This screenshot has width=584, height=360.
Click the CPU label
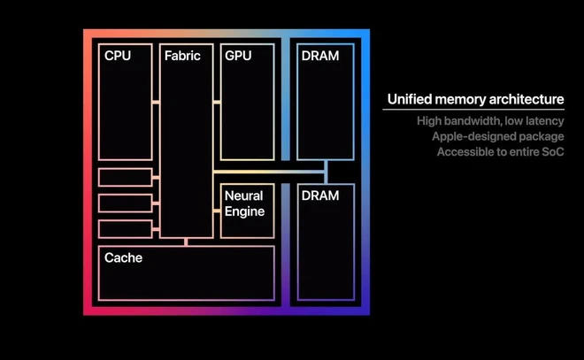coord(118,56)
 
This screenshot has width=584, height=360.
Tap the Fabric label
coord(182,56)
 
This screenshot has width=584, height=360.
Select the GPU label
coord(238,56)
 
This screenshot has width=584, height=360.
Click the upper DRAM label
coord(320,56)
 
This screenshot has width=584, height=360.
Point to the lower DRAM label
coord(320,195)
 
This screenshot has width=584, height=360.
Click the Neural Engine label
coord(244,203)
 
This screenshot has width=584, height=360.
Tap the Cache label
coord(123,258)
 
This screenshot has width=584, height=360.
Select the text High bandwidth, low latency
coord(490,120)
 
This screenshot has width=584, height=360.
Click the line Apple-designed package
coord(497,136)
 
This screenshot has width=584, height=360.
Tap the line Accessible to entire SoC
coord(500,152)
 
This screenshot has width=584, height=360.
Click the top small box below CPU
coord(125,177)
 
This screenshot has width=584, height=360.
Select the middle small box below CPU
coord(125,203)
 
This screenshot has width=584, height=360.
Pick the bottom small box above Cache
coord(125,228)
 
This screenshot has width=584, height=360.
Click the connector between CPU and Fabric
coord(156,103)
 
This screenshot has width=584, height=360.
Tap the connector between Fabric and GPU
coord(217,103)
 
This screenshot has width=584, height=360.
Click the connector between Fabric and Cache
coord(186,241)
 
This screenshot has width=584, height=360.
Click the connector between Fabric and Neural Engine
coord(217,211)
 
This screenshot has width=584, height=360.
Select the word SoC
coord(552,152)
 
